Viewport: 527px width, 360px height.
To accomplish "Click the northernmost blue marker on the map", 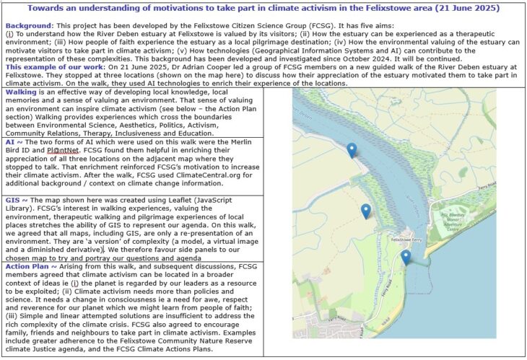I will (352, 149).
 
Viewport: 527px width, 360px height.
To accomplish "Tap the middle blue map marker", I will (366, 211).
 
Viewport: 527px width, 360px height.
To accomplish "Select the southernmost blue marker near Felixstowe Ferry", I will (406, 258).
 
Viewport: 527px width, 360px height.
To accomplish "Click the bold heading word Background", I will (29, 25).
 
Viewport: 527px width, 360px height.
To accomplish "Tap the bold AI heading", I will (11, 143).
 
